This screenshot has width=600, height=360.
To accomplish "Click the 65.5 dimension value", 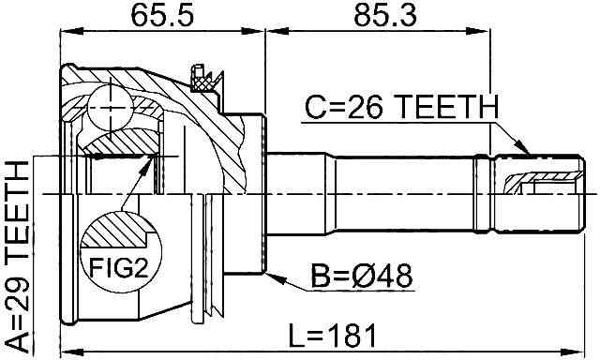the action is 162,16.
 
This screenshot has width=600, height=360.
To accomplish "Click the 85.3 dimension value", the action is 385,16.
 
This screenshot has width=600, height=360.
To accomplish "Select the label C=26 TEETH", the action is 402,107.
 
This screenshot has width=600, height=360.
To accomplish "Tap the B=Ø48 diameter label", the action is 362,276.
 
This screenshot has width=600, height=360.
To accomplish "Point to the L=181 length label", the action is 332,335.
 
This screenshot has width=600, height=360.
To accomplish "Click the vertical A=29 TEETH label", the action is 17,257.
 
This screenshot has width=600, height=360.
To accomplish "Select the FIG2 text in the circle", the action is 118,268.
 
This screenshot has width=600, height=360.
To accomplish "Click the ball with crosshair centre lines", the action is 111,108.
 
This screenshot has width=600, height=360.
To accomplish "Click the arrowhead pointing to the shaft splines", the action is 523,148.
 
